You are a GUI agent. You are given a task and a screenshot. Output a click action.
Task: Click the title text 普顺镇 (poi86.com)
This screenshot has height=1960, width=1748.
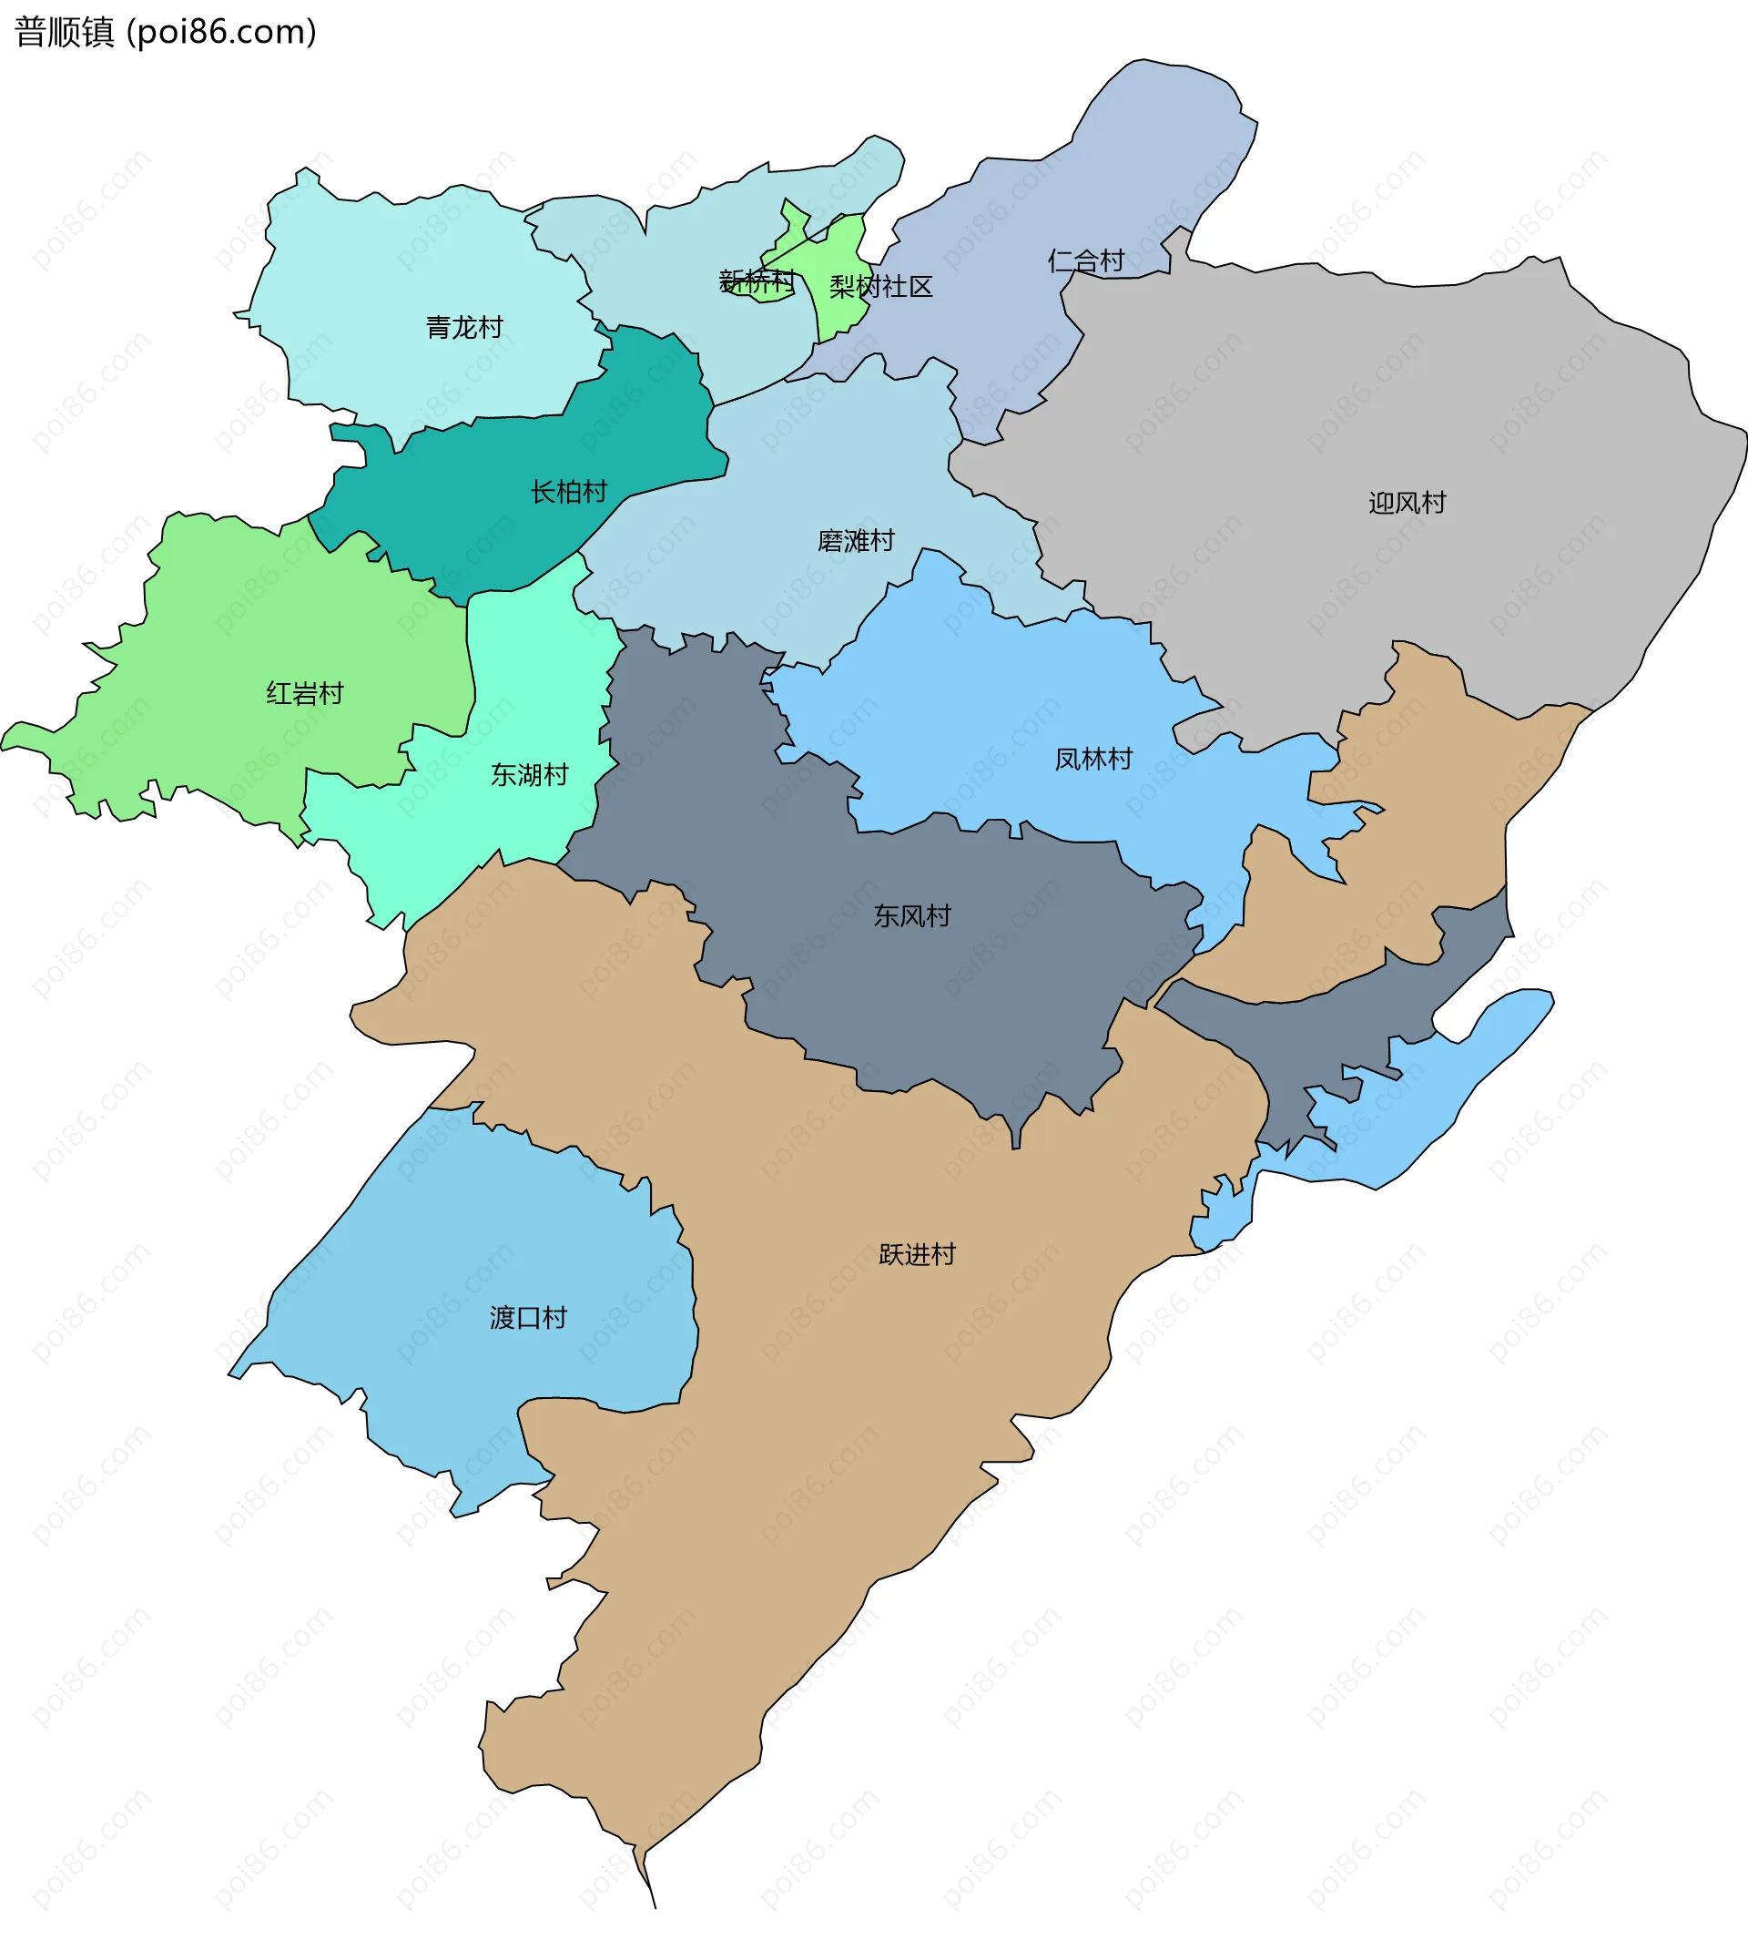click(165, 33)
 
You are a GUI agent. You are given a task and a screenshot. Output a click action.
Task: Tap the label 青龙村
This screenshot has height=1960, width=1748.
click(464, 328)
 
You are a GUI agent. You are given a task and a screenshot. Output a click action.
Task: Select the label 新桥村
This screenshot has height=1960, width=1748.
click(757, 281)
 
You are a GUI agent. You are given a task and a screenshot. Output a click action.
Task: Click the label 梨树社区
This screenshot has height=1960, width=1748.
click(880, 286)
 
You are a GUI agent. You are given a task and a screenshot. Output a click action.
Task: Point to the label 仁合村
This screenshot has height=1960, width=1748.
click(1085, 260)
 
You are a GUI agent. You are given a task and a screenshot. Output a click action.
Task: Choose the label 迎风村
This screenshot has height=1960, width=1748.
click(1407, 503)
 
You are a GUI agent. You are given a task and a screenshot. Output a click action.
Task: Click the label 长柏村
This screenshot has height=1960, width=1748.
click(569, 492)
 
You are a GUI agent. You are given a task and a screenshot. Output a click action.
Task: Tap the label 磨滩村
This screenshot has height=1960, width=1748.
click(856, 541)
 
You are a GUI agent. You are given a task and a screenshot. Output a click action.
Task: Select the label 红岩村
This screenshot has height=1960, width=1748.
click(304, 694)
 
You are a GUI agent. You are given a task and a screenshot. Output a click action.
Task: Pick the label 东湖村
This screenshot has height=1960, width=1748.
click(529, 774)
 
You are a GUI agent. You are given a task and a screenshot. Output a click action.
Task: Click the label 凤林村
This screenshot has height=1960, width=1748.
click(1093, 759)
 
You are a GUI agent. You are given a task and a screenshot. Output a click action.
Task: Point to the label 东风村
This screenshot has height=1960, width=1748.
click(911, 915)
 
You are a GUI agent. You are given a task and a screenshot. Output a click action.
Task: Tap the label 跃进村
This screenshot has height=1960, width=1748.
click(917, 1255)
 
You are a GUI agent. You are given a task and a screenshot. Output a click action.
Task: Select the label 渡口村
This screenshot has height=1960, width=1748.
click(528, 1317)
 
